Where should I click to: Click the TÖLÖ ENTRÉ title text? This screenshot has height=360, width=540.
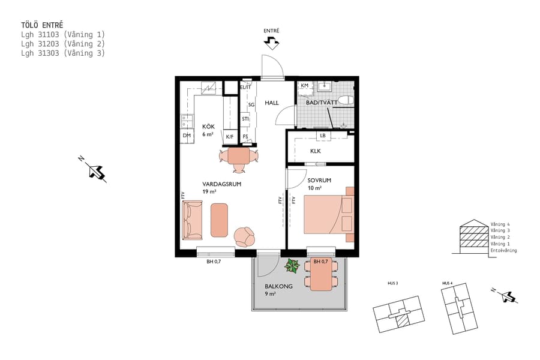(41, 26)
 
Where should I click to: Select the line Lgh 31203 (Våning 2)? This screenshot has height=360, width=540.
(63, 44)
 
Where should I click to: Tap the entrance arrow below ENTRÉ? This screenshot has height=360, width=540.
(271, 43)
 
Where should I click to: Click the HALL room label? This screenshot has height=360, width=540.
(272, 103)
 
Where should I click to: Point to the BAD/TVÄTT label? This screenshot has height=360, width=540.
(322, 103)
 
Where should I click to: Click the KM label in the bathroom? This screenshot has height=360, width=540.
(305, 86)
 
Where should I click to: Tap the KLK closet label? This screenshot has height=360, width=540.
(315, 151)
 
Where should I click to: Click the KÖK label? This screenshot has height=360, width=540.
(208, 127)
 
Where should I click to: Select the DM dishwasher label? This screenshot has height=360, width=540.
(186, 137)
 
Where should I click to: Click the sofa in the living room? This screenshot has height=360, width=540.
(193, 220)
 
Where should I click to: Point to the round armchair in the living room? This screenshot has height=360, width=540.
(245, 236)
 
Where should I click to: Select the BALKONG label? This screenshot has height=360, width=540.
(278, 286)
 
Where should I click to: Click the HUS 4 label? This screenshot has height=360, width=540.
(446, 283)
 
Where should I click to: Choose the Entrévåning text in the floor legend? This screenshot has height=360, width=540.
(503, 251)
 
